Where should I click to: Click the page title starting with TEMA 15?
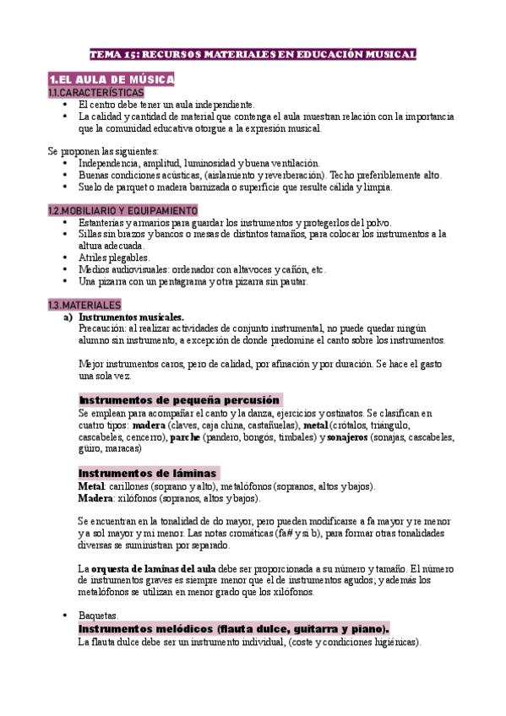point(253,54)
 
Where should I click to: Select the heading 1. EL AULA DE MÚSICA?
point(111,79)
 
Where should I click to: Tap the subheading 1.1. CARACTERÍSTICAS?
point(96,92)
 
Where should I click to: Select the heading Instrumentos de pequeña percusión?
point(179,399)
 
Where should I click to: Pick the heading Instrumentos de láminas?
point(148,473)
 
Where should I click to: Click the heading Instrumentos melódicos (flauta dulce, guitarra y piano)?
point(233,629)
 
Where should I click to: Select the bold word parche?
point(185,437)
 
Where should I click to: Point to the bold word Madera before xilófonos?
point(95,499)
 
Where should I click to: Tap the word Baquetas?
point(98,616)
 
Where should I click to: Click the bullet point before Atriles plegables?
point(66,258)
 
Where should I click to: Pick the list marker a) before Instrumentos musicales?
point(68,317)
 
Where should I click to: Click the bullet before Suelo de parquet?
point(66,187)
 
